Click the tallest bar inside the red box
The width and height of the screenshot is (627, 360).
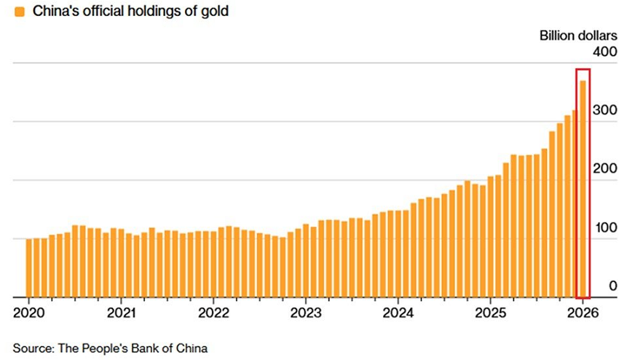coord(583,189)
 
